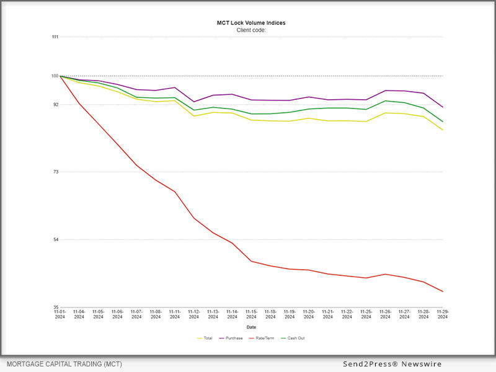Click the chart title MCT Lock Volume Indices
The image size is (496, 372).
(x=251, y=23)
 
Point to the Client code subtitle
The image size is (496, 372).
(x=251, y=30)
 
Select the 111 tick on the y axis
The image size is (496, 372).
(x=55, y=37)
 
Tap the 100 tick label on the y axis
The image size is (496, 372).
(x=55, y=76)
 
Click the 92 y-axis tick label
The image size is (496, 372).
(x=56, y=105)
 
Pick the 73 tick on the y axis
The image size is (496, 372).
(x=56, y=172)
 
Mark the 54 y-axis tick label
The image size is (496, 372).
(x=56, y=240)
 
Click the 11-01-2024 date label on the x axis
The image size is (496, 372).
(x=60, y=314)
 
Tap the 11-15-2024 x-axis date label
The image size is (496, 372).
(x=251, y=314)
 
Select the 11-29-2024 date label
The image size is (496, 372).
(x=443, y=314)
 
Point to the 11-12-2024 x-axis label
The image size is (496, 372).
(x=194, y=314)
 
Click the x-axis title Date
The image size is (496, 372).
(x=251, y=327)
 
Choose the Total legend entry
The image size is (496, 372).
(x=205, y=338)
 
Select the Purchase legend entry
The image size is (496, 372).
(x=231, y=338)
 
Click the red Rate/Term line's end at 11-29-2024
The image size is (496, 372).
(x=443, y=291)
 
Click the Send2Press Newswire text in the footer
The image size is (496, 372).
(x=392, y=364)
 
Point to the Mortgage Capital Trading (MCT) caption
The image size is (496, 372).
(x=64, y=364)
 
